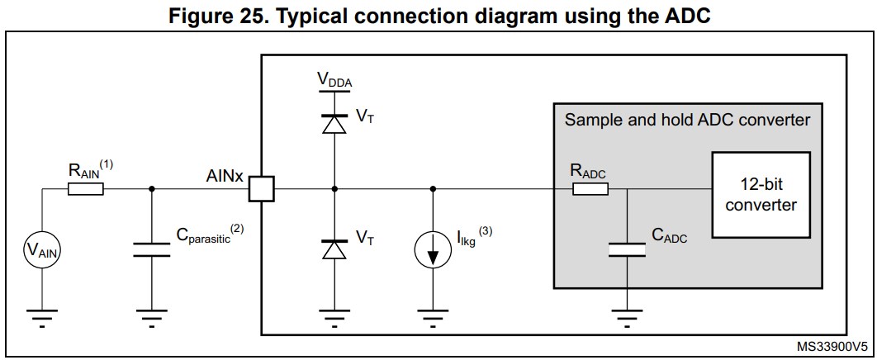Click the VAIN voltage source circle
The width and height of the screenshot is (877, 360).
[x=41, y=249]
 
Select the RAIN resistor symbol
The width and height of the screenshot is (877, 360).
[x=85, y=189]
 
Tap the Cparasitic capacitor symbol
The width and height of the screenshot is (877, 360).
[x=152, y=249]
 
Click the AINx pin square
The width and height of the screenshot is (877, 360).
[x=261, y=189]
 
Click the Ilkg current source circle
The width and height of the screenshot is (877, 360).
[x=433, y=249]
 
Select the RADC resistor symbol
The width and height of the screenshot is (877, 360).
[x=590, y=189]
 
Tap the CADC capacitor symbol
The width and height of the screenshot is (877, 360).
[x=626, y=249]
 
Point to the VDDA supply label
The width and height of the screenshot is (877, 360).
[x=334, y=79]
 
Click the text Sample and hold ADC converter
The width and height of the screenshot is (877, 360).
[x=687, y=120]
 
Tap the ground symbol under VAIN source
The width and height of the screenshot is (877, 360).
[x=41, y=316]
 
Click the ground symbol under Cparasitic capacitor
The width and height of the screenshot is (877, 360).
[x=152, y=316]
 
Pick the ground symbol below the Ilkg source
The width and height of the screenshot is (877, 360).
[x=433, y=316]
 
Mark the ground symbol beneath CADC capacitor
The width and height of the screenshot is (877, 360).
[x=626, y=316]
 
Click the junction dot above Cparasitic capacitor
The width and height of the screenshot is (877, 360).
[x=152, y=189]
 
